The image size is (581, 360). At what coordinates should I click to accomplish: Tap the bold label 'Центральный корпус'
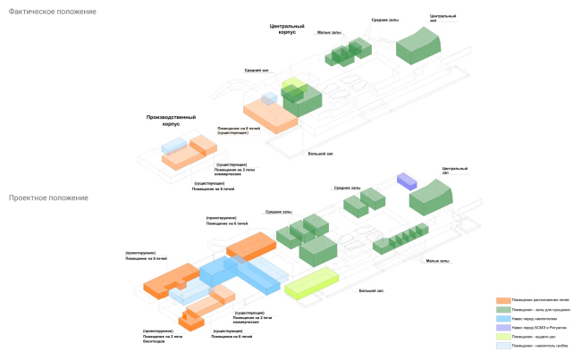(289, 30)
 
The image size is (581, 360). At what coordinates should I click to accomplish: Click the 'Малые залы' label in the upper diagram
(330, 33)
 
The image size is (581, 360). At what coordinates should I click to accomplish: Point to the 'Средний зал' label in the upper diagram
(257, 70)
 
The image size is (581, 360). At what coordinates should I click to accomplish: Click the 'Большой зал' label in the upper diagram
(320, 154)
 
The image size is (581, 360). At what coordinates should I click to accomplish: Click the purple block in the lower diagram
(407, 180)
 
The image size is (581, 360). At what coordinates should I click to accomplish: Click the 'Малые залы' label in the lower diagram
(437, 261)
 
